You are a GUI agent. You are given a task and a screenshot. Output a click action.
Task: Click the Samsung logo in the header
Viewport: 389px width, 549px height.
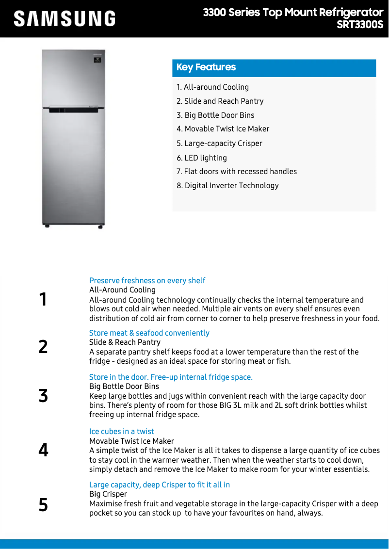[65, 19]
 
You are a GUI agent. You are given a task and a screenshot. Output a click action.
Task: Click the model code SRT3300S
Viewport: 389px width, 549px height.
[360, 25]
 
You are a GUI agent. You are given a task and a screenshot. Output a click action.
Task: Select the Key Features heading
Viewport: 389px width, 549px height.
[206, 67]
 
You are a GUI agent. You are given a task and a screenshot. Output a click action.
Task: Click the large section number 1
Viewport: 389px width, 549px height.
[43, 299]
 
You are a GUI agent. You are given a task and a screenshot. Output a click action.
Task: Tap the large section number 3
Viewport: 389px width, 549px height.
[43, 396]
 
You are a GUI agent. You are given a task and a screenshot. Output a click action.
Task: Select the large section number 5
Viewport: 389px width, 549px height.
[43, 505]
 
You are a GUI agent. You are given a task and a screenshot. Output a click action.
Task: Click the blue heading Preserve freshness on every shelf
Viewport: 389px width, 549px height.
[147, 281]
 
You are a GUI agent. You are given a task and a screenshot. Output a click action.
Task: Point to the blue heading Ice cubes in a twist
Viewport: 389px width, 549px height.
[121, 432]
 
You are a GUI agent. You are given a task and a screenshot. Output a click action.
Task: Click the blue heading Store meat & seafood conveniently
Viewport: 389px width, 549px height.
[149, 333]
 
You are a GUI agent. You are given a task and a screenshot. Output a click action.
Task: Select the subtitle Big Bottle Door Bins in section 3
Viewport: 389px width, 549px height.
[124, 387]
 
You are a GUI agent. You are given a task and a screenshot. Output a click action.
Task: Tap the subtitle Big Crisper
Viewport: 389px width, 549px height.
[108, 494]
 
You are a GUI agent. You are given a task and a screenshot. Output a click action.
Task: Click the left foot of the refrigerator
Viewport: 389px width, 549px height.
[47, 226]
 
